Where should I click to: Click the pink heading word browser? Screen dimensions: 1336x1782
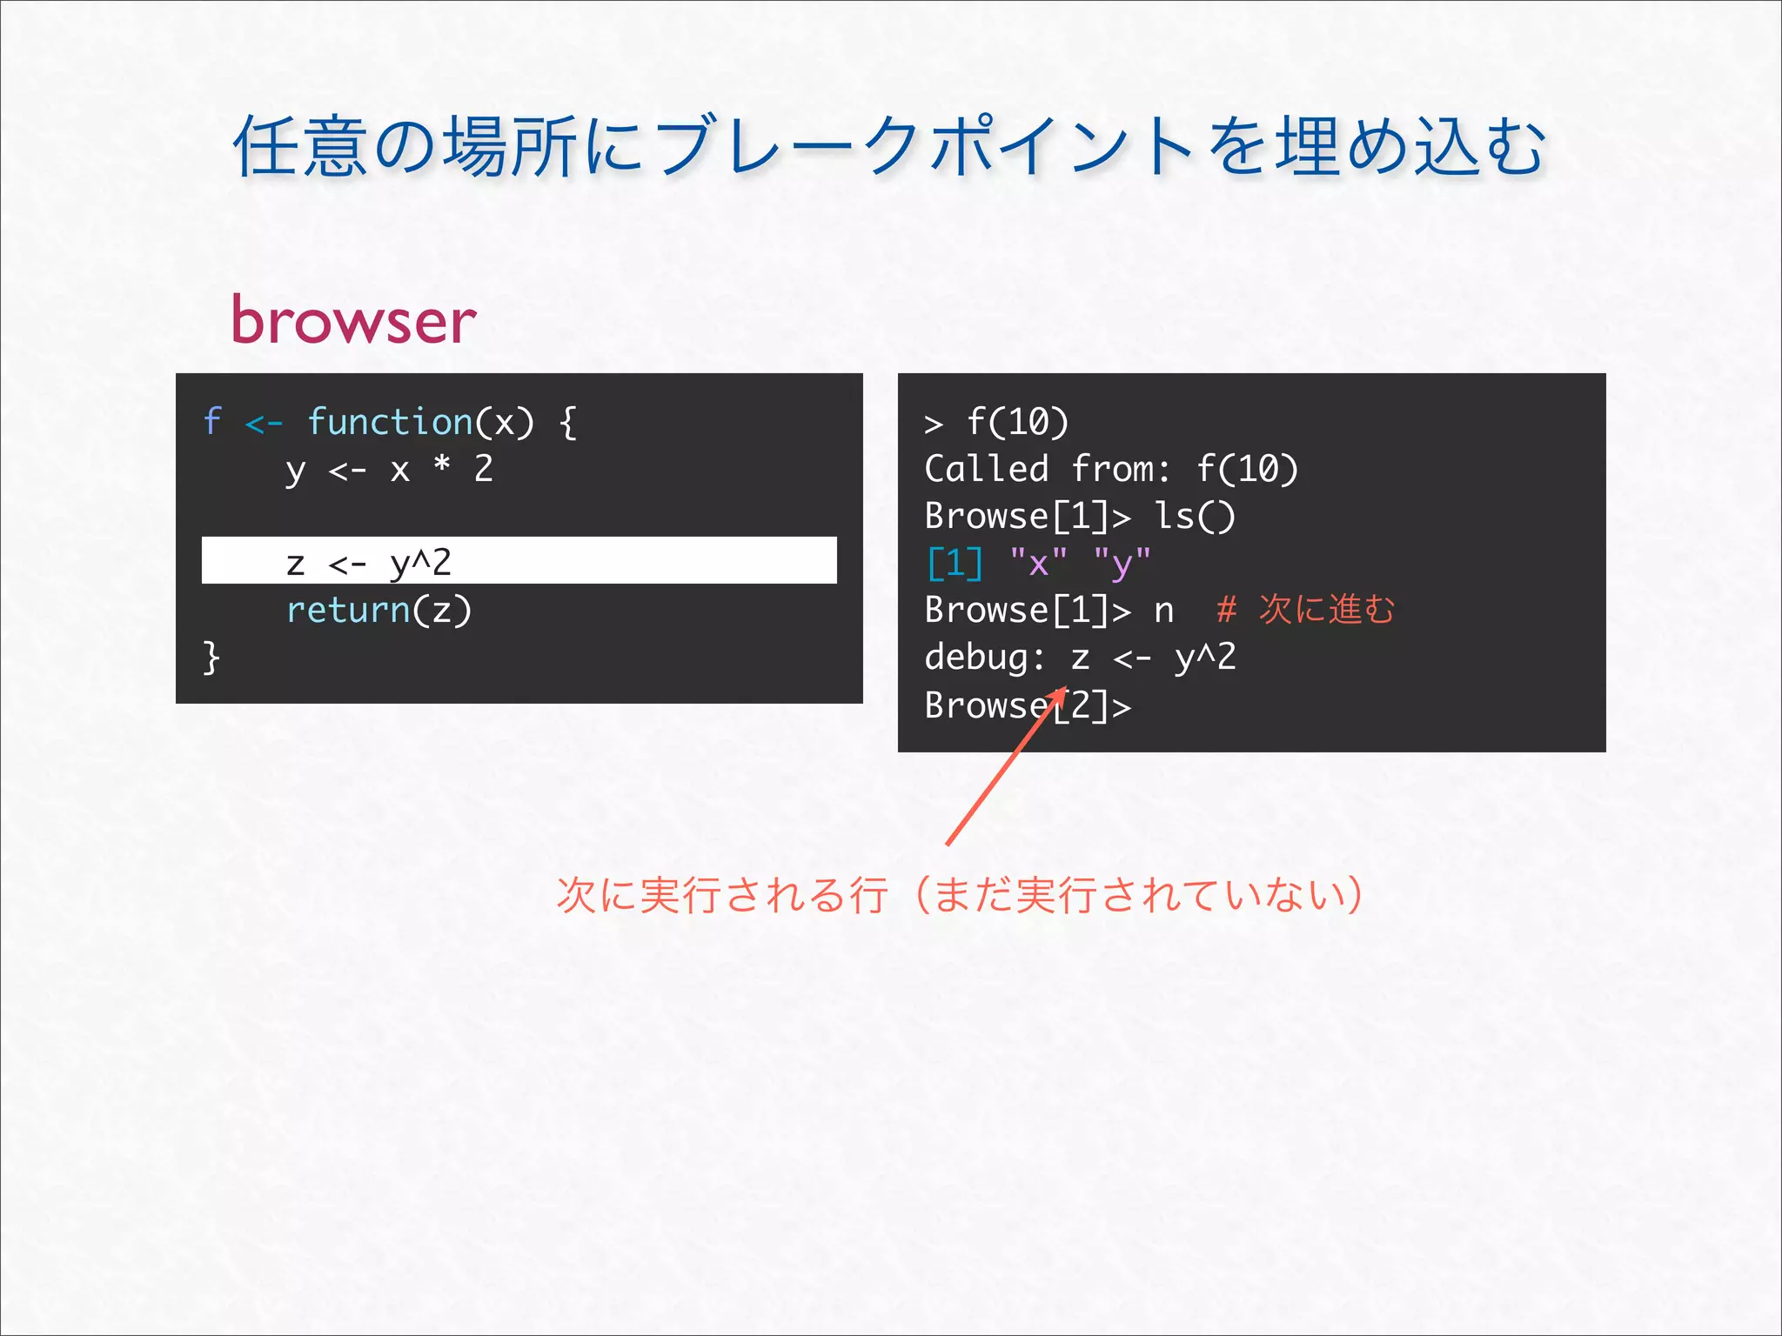pos(353,320)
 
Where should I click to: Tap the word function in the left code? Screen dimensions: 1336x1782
pos(390,422)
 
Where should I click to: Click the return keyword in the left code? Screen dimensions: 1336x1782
pos(348,610)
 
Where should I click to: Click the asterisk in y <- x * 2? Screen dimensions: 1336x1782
pos(442,466)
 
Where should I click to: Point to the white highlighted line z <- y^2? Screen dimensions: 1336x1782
pos(519,561)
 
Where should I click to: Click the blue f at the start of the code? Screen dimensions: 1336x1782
pos(212,422)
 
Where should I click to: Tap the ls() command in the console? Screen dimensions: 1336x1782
pos(1194,517)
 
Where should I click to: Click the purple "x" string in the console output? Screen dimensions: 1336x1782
pos(1038,564)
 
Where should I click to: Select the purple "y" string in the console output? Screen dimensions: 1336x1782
pos(1122,564)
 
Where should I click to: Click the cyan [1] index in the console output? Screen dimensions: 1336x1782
pos(955,564)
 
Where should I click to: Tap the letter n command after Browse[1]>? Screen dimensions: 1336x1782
pos(1163,611)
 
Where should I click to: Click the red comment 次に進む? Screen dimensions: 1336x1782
pos(1326,610)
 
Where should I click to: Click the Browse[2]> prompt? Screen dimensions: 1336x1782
pos(1027,705)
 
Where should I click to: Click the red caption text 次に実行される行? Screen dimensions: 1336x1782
pos(721,895)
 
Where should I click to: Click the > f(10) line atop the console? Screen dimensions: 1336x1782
pos(996,423)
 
